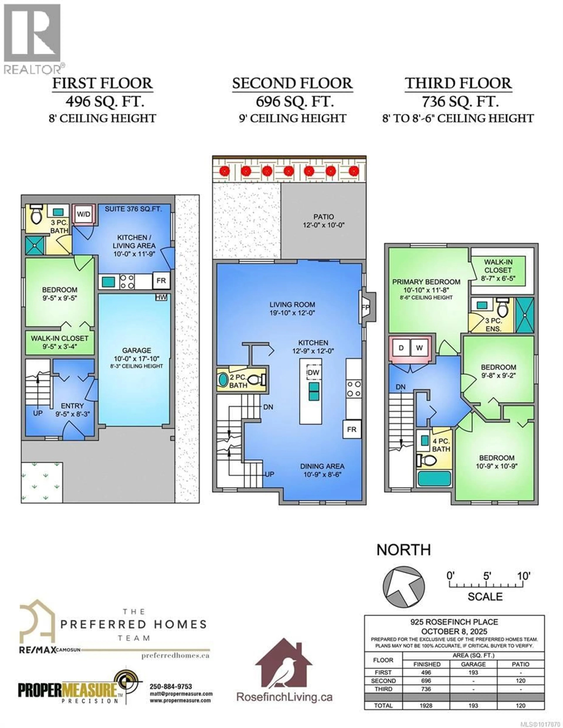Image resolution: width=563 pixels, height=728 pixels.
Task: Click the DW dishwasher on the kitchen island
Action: [313, 372]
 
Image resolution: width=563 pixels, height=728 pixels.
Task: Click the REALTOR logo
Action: [32, 38]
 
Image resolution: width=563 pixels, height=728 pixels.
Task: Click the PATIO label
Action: [323, 217]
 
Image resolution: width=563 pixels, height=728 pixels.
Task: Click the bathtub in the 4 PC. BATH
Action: [434, 479]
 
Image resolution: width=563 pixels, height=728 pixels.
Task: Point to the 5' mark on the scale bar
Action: [486, 576]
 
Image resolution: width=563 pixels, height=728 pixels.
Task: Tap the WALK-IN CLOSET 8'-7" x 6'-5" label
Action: [498, 270]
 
